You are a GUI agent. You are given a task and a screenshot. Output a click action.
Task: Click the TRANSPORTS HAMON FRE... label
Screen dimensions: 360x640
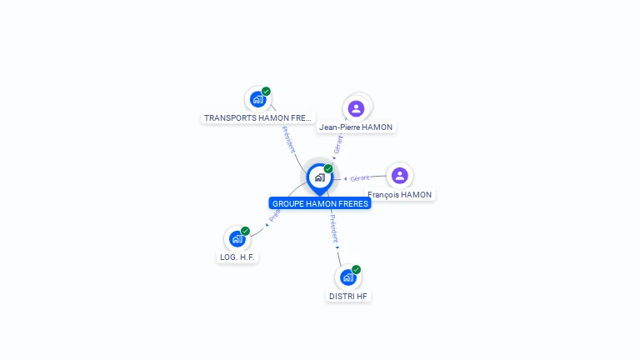click(x=258, y=118)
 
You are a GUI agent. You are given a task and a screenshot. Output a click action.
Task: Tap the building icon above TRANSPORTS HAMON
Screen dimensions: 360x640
click(x=257, y=99)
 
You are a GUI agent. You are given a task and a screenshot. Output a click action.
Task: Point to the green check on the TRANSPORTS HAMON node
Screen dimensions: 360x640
click(x=266, y=92)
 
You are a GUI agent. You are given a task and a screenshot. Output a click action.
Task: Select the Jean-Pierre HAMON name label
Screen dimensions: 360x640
click(x=356, y=127)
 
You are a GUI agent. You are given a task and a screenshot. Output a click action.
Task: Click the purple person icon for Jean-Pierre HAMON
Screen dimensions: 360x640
click(x=356, y=108)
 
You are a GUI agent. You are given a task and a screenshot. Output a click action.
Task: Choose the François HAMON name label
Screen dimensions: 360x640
click(x=400, y=195)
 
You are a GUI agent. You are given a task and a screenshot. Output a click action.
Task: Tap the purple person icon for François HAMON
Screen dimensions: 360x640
click(x=399, y=175)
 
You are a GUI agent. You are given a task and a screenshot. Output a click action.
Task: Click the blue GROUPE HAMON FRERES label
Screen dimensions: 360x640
click(x=320, y=203)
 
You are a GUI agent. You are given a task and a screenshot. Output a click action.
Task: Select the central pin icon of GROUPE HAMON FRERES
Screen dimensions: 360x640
click(x=319, y=177)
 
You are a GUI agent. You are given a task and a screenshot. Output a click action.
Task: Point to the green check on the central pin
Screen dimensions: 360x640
click(x=328, y=169)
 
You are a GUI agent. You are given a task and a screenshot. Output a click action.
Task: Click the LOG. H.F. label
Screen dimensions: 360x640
click(x=237, y=257)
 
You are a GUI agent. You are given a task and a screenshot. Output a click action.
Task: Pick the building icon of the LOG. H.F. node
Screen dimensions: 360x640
click(x=237, y=239)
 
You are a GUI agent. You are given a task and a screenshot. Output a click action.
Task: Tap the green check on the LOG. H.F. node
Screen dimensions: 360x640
click(x=245, y=231)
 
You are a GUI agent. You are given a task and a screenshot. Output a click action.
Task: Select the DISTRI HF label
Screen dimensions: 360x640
click(x=348, y=296)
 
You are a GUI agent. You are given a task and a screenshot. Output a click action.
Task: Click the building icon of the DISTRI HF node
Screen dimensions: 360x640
click(x=347, y=277)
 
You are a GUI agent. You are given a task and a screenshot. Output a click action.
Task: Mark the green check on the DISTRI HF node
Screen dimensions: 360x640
click(x=356, y=269)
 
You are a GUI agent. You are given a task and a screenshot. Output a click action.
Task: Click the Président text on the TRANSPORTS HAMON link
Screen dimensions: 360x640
click(x=288, y=138)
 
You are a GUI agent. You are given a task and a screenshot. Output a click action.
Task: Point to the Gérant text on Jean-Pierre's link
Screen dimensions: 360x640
click(x=337, y=144)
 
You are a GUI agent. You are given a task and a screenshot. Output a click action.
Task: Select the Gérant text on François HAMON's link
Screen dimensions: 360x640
click(x=360, y=178)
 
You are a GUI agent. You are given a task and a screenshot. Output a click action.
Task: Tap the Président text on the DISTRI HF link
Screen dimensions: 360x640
click(x=333, y=228)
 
